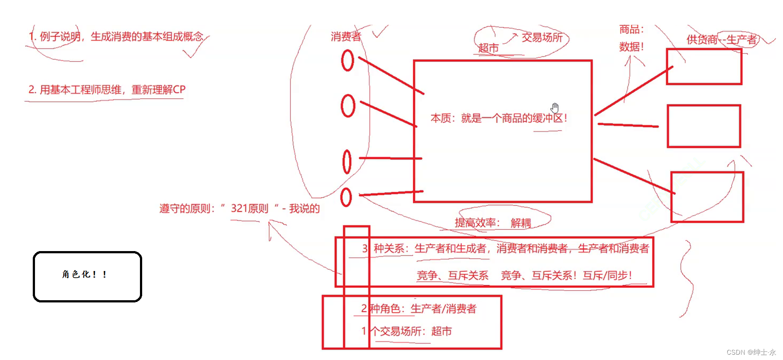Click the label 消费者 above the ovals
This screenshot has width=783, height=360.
345,36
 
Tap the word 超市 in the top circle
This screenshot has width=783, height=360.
488,48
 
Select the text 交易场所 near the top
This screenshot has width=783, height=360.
542,38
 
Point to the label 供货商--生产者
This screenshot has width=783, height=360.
721,39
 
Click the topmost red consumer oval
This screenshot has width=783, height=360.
348,61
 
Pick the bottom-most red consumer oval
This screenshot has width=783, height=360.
346,197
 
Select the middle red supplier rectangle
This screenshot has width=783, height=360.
704,126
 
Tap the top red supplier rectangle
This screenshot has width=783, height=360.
704,66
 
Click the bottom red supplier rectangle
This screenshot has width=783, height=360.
707,197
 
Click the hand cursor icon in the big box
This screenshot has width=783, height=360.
555,108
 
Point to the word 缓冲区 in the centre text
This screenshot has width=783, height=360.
547,118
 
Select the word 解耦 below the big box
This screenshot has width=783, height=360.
520,223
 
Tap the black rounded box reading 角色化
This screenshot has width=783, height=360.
87,277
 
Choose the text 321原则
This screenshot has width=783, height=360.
249,209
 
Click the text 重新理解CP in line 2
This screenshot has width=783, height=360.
159,90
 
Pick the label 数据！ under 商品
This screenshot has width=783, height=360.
631,47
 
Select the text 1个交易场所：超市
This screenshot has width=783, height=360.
406,331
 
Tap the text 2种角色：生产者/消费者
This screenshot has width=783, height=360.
419,309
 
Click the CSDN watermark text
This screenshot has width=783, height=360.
751,352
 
